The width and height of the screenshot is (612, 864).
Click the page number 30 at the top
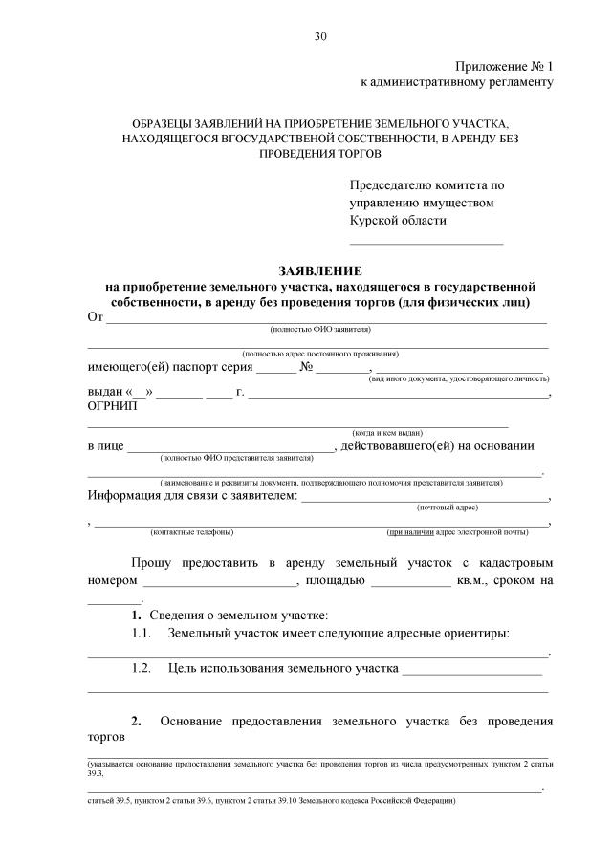(x=320, y=37)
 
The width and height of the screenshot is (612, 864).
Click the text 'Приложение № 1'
(x=504, y=66)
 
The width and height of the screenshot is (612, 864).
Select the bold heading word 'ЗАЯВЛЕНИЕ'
(x=320, y=271)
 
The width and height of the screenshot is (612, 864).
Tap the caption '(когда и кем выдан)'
(x=387, y=432)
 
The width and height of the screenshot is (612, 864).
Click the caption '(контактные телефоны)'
(x=191, y=531)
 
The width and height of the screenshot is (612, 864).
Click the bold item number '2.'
(x=136, y=720)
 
